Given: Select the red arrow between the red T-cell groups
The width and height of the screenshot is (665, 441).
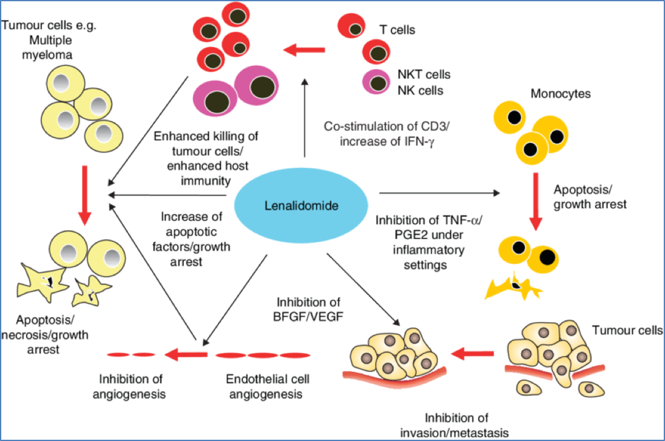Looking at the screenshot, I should pyautogui.click(x=303, y=50).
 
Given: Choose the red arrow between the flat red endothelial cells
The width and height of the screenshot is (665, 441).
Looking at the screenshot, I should pyautogui.click(x=186, y=355).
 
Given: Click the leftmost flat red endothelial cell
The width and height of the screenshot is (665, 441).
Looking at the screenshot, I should pyautogui.click(x=117, y=355).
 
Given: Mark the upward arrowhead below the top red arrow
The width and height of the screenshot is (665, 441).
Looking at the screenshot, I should pyautogui.click(x=304, y=81).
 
